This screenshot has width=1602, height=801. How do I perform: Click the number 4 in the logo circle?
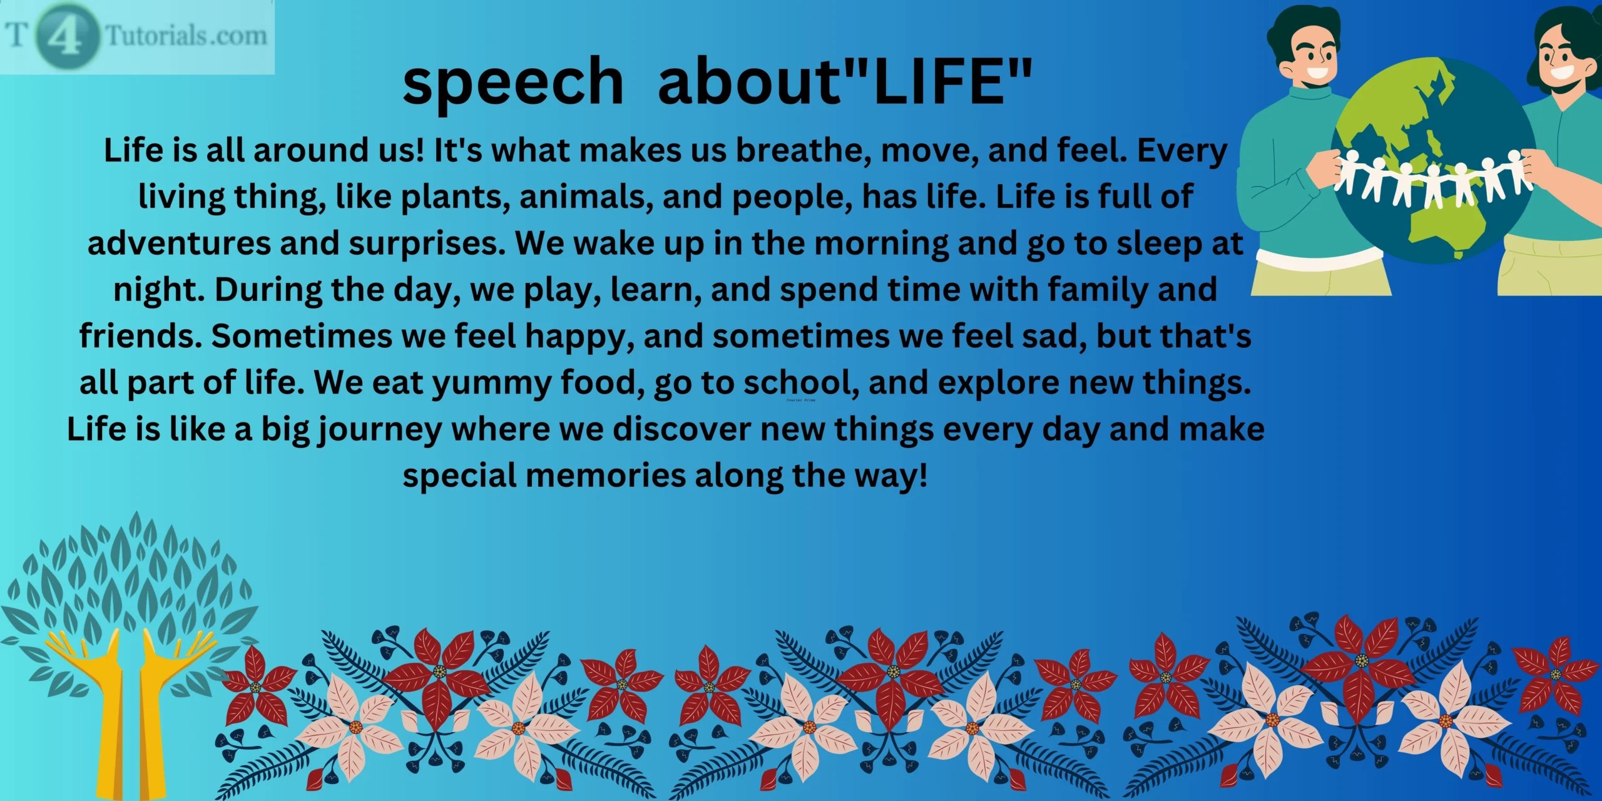(x=63, y=36)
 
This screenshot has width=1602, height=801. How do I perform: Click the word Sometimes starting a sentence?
(x=301, y=337)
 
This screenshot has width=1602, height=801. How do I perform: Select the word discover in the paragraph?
(x=681, y=430)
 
